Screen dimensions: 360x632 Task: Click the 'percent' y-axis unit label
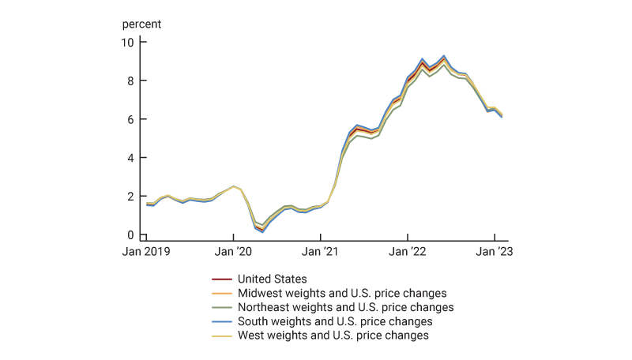(x=141, y=24)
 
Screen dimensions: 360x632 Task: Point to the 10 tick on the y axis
(x=128, y=42)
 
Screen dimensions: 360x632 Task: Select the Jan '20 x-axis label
(x=233, y=252)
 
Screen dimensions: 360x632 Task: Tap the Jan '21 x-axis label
(x=320, y=252)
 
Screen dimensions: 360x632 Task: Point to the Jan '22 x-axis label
(x=407, y=252)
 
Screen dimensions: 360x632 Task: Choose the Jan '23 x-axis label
(x=494, y=252)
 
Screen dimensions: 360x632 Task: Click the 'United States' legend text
(x=273, y=279)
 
